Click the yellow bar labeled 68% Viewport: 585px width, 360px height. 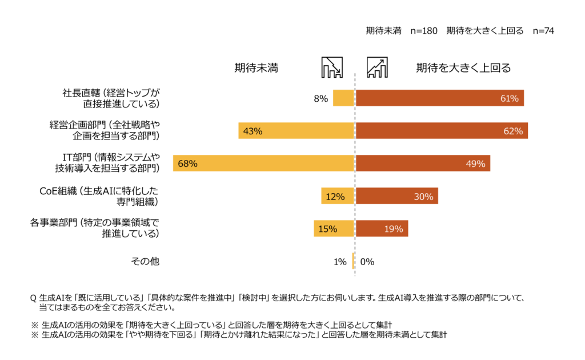point(263,163)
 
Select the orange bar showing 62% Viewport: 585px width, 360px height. point(441,131)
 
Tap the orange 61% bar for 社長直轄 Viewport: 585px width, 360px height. point(439,98)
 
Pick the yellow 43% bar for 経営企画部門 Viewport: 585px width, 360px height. point(296,131)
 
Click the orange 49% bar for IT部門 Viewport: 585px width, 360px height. point(423,163)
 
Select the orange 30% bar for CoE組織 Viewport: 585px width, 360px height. point(396,197)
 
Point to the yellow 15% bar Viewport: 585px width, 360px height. point(334,229)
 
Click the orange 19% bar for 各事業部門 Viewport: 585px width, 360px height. point(382,229)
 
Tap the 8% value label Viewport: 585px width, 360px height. point(320,98)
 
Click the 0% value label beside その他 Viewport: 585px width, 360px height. point(367,262)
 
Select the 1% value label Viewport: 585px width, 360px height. point(340,262)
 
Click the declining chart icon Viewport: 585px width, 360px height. point(332,67)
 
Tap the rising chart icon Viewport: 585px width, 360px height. point(377,67)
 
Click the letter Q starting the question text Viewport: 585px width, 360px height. point(33,298)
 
